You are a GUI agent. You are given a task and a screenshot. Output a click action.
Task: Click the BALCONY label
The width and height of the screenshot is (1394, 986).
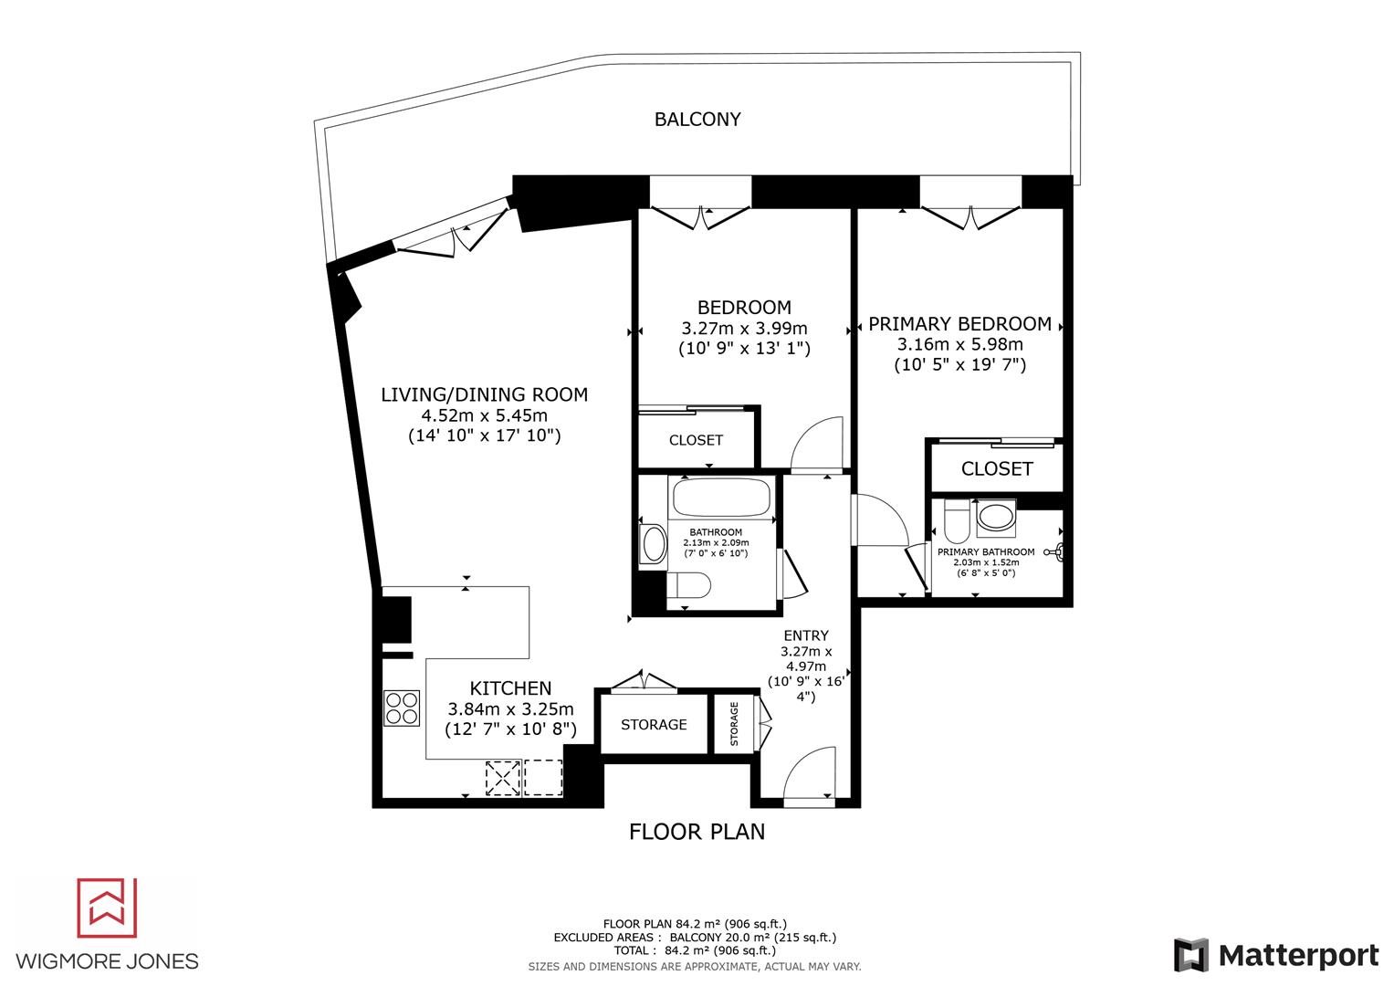(697, 120)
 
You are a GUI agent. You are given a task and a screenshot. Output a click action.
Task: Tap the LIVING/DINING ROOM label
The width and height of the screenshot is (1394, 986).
(484, 395)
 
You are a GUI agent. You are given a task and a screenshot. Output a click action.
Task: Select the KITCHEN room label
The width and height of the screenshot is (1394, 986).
(510, 688)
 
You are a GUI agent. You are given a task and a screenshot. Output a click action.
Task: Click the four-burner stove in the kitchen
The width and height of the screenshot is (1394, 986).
(401, 707)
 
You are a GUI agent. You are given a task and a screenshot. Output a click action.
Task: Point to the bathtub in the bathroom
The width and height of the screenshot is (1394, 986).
(721, 498)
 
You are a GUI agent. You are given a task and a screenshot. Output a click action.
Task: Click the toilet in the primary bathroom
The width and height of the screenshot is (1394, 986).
(956, 521)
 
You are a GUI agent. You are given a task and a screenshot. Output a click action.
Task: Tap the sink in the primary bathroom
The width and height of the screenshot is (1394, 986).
(995, 518)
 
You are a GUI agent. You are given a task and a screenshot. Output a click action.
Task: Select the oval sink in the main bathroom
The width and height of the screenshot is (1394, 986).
(654, 545)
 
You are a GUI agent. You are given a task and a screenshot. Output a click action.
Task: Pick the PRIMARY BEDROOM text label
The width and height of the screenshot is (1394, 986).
(959, 324)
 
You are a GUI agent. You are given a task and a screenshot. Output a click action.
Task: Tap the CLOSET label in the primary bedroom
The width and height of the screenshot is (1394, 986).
(997, 469)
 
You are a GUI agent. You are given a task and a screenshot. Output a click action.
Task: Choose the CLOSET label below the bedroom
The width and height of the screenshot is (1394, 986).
(696, 440)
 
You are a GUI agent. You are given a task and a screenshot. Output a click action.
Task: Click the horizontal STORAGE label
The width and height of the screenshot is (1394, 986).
(654, 725)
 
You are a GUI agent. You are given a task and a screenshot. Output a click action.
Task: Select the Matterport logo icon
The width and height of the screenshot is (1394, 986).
(1190, 955)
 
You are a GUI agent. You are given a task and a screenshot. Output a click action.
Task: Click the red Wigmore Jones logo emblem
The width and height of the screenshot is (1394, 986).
(107, 908)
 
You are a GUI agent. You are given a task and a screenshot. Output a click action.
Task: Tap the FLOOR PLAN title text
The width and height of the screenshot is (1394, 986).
(697, 832)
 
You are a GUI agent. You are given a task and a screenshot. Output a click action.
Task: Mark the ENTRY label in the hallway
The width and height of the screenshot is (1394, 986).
(806, 635)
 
